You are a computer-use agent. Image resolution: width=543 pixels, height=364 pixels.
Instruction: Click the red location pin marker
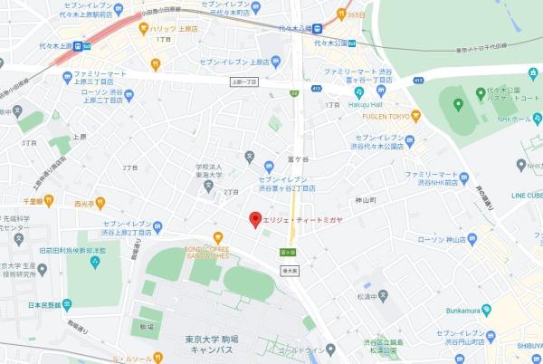[255, 218]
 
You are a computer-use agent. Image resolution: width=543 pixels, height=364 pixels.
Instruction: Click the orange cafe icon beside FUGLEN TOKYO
[416, 116]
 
